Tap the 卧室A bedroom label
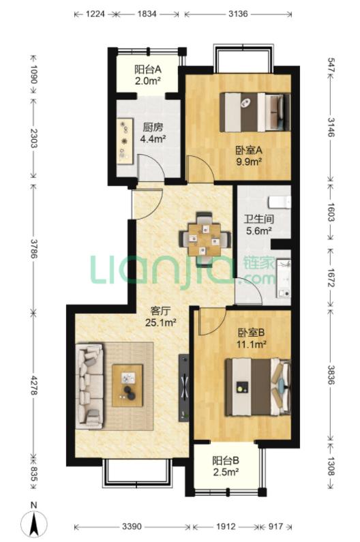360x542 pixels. [249, 151]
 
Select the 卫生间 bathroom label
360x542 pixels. [258, 219]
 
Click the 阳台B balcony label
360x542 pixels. [226, 460]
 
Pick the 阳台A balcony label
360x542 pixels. [148, 70]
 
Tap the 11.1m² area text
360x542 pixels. [251, 344]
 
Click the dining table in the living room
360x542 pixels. [205, 239]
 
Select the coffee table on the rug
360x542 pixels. [127, 385]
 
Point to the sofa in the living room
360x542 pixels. [89, 386]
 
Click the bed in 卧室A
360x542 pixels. [254, 112]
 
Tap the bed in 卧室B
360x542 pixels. [258, 387]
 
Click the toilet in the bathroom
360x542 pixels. [280, 202]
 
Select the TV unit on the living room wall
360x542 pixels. [183, 387]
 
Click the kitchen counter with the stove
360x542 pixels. [125, 141]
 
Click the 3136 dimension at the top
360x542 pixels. [238, 14]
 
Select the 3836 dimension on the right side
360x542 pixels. [331, 375]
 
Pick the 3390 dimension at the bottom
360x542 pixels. [132, 527]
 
